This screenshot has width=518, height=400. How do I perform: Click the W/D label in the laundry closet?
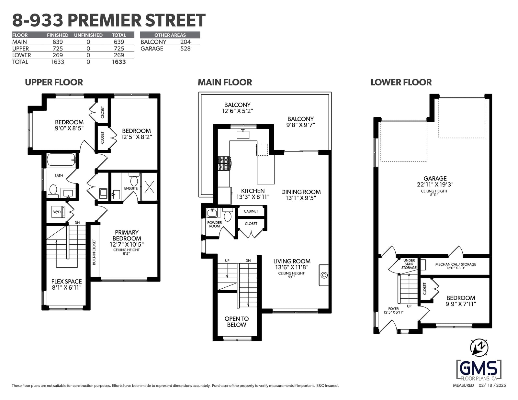point(57,212)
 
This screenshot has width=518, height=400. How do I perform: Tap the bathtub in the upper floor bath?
point(61,160)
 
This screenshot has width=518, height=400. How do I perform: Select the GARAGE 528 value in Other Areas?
point(186,49)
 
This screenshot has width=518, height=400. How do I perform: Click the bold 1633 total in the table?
point(119,62)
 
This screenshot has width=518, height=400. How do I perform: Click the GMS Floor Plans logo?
point(479,370)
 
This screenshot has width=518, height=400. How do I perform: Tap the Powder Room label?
point(215,224)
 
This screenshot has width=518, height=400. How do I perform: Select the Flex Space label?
point(67,284)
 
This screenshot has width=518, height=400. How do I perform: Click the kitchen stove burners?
point(224,163)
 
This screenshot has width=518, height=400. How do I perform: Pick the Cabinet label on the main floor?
point(251,211)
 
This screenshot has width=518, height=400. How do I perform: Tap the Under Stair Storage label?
point(409,264)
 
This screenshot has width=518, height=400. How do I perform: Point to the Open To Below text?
point(236,322)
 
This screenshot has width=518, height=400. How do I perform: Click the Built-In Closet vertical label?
point(94,252)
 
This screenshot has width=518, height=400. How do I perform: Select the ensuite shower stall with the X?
point(149,186)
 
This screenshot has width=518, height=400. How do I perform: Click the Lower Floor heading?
point(401,83)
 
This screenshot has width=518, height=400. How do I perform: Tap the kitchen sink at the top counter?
point(243,134)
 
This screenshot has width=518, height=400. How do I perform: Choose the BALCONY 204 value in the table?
point(186,42)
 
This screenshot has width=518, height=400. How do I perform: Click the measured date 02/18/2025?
point(492,385)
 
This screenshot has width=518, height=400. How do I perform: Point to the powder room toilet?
point(228,215)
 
